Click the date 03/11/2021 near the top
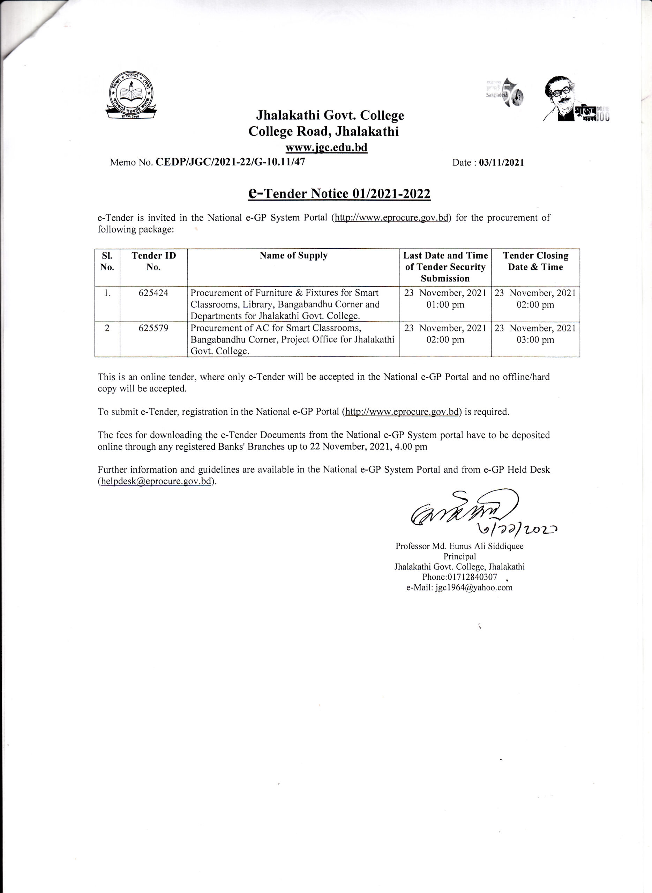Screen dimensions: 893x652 501,163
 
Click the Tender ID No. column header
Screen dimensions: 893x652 153,261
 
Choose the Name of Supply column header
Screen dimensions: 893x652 293,256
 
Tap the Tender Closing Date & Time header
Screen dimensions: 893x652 535,261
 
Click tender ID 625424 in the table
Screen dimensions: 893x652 153,293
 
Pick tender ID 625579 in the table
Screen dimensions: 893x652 153,328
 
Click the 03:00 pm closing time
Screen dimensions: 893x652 535,340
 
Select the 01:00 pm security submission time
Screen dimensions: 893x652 445,305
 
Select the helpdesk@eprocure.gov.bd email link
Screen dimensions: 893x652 156,481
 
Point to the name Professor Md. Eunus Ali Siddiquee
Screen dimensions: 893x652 459,546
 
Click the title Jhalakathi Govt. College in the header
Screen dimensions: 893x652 330,115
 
